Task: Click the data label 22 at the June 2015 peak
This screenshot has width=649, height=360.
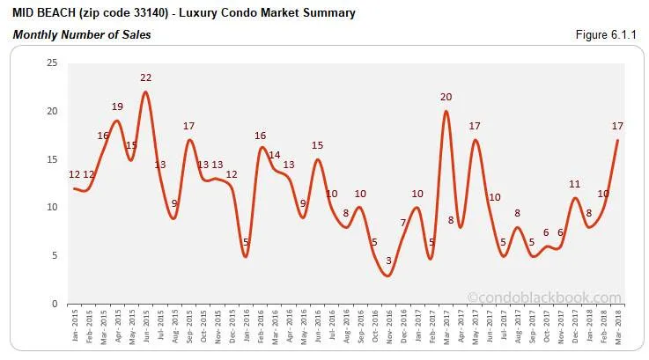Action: point(146,78)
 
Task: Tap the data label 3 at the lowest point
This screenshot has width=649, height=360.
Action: point(388,261)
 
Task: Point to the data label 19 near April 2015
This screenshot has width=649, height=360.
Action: point(117,107)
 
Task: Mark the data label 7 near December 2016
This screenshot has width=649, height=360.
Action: point(403,223)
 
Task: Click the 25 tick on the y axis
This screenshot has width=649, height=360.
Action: point(52,63)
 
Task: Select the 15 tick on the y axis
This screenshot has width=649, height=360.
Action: point(52,159)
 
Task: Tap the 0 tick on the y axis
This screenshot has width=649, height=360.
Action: point(55,304)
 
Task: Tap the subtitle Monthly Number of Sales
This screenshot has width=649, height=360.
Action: point(81,35)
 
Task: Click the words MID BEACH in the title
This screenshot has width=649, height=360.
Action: point(44,13)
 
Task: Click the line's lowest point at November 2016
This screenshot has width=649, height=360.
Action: point(388,276)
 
